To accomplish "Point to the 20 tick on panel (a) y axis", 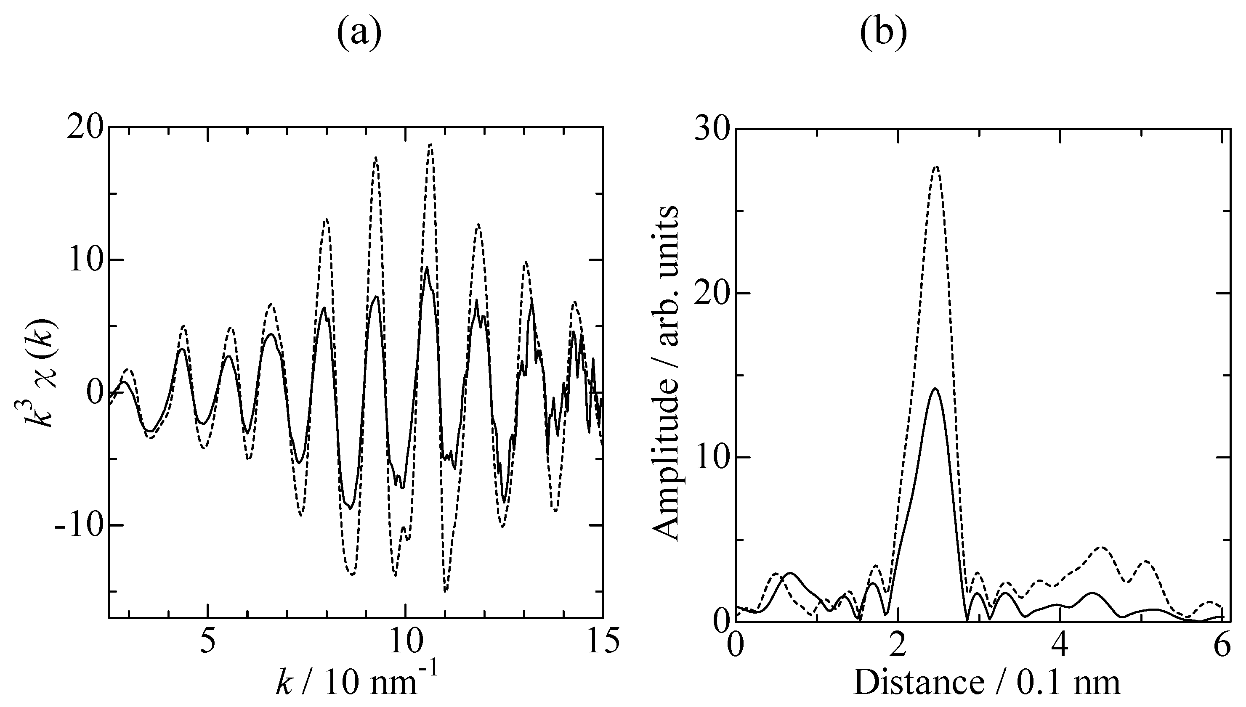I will coord(85,128).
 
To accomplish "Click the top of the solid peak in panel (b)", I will coord(935,389).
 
